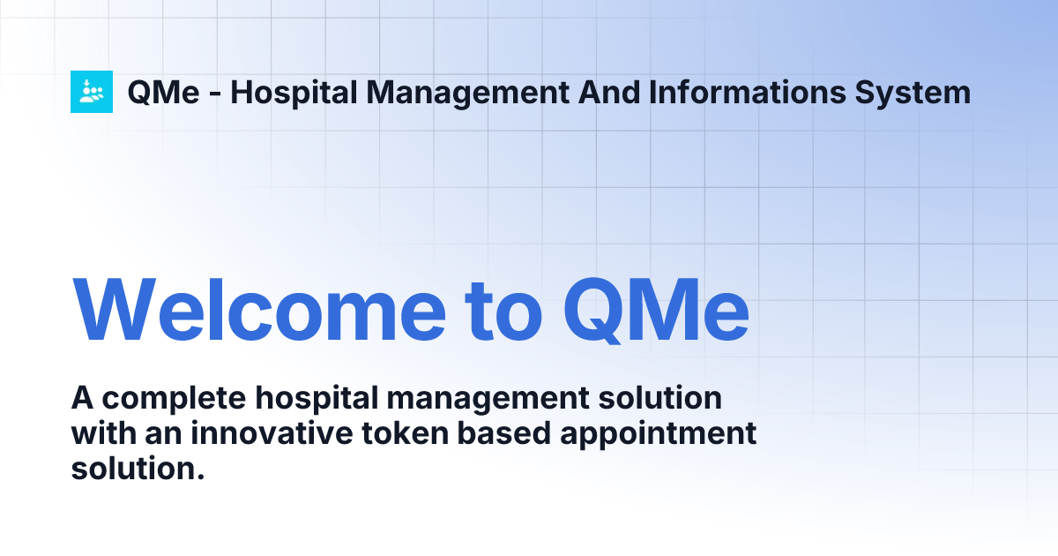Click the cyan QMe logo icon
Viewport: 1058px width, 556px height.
coord(92,92)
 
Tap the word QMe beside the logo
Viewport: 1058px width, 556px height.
coord(164,93)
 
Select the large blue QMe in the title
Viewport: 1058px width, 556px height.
coord(657,311)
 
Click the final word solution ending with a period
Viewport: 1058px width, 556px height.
coord(138,469)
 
